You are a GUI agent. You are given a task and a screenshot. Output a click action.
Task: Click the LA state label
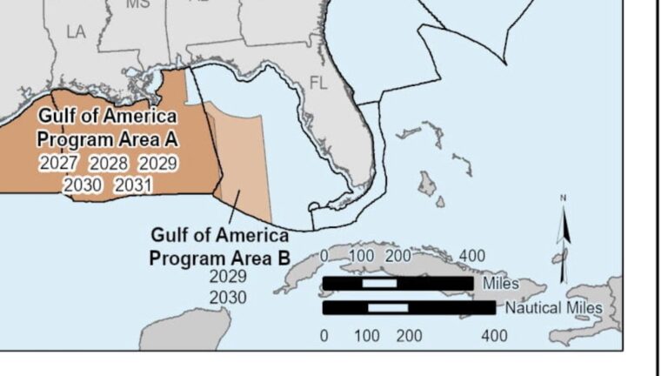click(76, 32)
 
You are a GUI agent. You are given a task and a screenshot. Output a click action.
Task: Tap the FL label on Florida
click(319, 84)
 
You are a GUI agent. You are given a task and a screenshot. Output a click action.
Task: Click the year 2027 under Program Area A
click(58, 163)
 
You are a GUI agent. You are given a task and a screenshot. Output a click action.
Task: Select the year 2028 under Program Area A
click(109, 163)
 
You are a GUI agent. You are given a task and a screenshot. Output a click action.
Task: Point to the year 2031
click(133, 185)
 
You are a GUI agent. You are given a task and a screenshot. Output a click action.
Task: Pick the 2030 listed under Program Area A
click(83, 185)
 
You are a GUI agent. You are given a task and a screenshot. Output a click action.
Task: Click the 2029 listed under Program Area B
click(229, 277)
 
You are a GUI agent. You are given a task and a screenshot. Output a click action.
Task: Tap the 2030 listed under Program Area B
click(229, 298)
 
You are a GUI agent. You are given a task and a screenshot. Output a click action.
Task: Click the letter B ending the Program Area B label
click(282, 258)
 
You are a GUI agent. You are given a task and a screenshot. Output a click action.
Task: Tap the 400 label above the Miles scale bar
click(472, 256)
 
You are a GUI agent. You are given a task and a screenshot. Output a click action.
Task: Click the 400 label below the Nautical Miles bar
click(494, 335)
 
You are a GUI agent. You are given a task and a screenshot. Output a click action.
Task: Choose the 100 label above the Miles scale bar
click(361, 256)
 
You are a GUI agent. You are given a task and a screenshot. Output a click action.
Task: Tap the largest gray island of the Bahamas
click(427, 184)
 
